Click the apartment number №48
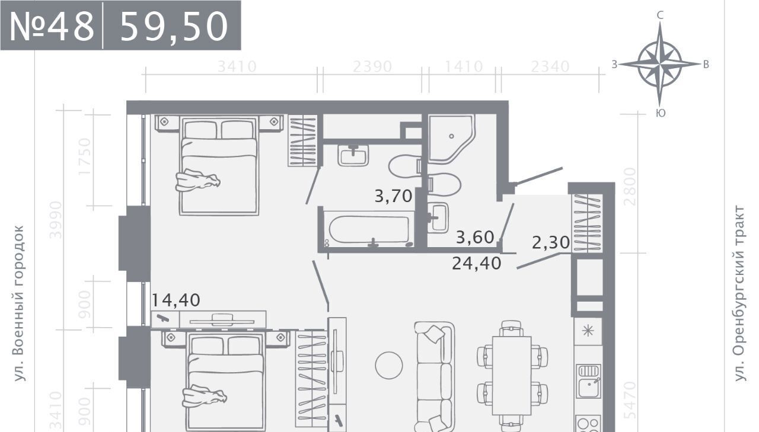[x=52, y=26]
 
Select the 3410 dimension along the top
[x=237, y=67]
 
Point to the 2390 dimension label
[x=372, y=67]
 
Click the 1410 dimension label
[x=464, y=67]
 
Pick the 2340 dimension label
[x=550, y=67]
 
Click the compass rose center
[x=659, y=63]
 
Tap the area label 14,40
[x=176, y=300]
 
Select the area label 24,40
[x=476, y=263]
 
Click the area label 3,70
[x=393, y=196]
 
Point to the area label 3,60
[x=475, y=237]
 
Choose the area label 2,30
[x=551, y=242]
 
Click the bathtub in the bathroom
[x=369, y=229]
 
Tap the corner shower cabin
[x=451, y=139]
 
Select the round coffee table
[x=389, y=365]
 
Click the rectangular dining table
[x=512, y=375]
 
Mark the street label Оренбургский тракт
[x=740, y=293]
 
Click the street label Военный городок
[x=19, y=303]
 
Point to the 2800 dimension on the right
[x=630, y=187]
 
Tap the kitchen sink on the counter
[x=588, y=381]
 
